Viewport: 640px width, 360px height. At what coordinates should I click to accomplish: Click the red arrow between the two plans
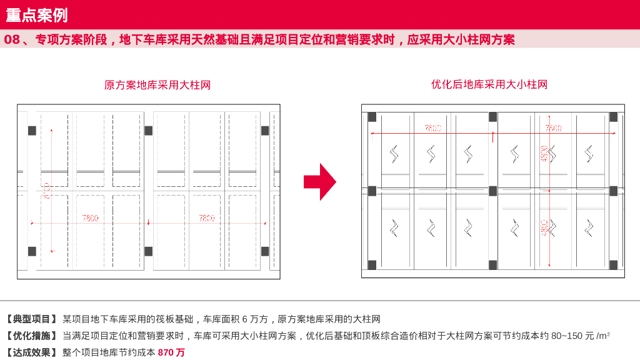(319, 182)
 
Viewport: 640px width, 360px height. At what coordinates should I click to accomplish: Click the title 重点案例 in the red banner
(37, 15)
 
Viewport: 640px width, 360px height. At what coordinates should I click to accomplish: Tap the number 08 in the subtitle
(12, 40)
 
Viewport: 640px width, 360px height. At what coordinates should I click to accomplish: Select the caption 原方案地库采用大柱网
(157, 85)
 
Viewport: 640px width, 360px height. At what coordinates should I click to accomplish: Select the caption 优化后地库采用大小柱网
(489, 84)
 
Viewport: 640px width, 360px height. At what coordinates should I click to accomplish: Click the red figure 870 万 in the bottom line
(171, 352)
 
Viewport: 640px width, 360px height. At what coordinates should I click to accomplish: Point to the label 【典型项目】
(32, 319)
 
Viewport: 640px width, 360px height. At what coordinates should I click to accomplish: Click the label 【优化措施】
(32, 336)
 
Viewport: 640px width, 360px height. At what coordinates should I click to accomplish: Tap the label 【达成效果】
(32, 352)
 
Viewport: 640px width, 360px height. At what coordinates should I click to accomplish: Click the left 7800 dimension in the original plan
(91, 218)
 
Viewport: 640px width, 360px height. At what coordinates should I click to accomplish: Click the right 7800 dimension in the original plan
(207, 218)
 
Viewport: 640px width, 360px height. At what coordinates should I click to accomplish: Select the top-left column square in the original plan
(32, 131)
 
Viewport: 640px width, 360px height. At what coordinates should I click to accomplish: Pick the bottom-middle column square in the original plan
(148, 251)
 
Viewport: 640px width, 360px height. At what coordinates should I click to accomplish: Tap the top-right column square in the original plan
(265, 131)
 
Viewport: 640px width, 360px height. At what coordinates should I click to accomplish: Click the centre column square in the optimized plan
(492, 191)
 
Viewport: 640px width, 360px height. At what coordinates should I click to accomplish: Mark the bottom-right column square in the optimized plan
(613, 265)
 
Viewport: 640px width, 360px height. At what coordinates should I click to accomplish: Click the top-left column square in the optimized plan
(372, 117)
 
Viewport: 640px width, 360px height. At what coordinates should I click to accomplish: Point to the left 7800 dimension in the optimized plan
(433, 128)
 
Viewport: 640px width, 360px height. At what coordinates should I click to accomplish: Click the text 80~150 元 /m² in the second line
(579, 336)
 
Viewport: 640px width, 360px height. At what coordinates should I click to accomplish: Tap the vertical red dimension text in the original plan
(47, 190)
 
